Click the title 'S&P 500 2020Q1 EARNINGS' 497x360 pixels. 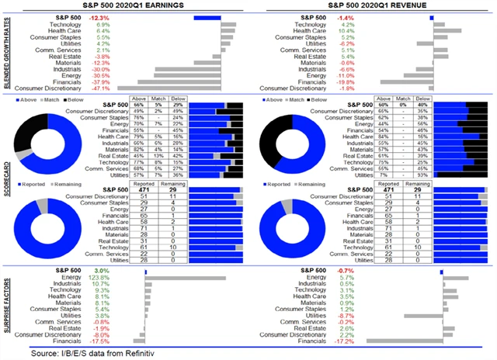click(120, 6)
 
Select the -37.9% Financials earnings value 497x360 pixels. click(102, 80)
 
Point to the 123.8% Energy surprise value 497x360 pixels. click(100, 277)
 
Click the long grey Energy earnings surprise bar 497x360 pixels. click(186, 277)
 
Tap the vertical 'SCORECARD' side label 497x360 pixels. click(6, 180)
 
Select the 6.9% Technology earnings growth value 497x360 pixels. click(103, 24)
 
